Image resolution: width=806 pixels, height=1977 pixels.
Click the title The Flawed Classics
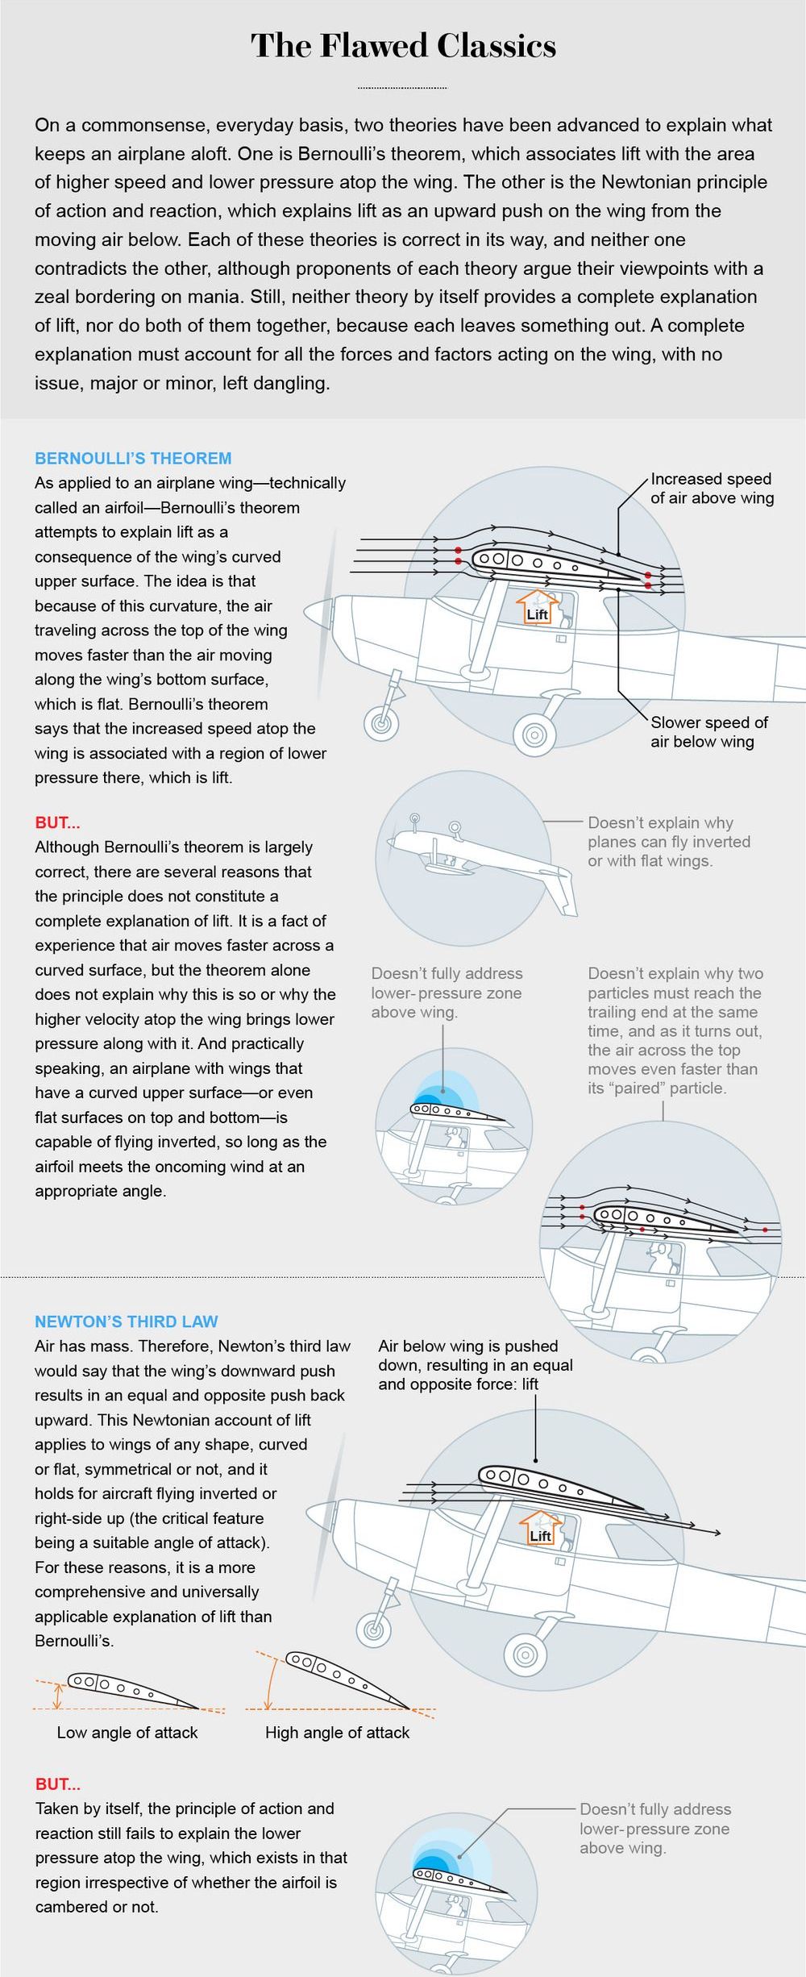[403, 45]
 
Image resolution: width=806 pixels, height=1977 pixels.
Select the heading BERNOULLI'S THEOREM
[133, 458]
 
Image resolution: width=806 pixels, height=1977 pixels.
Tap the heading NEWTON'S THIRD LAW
[127, 1321]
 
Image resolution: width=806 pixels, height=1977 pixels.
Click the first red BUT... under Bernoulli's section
[57, 822]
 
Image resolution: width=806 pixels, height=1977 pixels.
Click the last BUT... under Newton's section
[57, 1784]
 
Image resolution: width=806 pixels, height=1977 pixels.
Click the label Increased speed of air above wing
[712, 489]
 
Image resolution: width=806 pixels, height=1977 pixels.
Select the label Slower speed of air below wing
[708, 731]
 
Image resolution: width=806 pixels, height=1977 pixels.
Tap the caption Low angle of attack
[127, 1732]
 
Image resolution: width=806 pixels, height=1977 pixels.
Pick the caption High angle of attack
[337, 1732]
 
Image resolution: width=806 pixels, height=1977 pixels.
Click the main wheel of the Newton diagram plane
[525, 1656]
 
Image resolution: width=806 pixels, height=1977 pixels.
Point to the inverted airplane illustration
[476, 859]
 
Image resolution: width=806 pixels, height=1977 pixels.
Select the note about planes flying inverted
[668, 842]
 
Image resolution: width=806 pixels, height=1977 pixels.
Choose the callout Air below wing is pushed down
[476, 1365]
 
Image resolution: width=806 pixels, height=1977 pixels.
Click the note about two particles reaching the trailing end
[675, 1030]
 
